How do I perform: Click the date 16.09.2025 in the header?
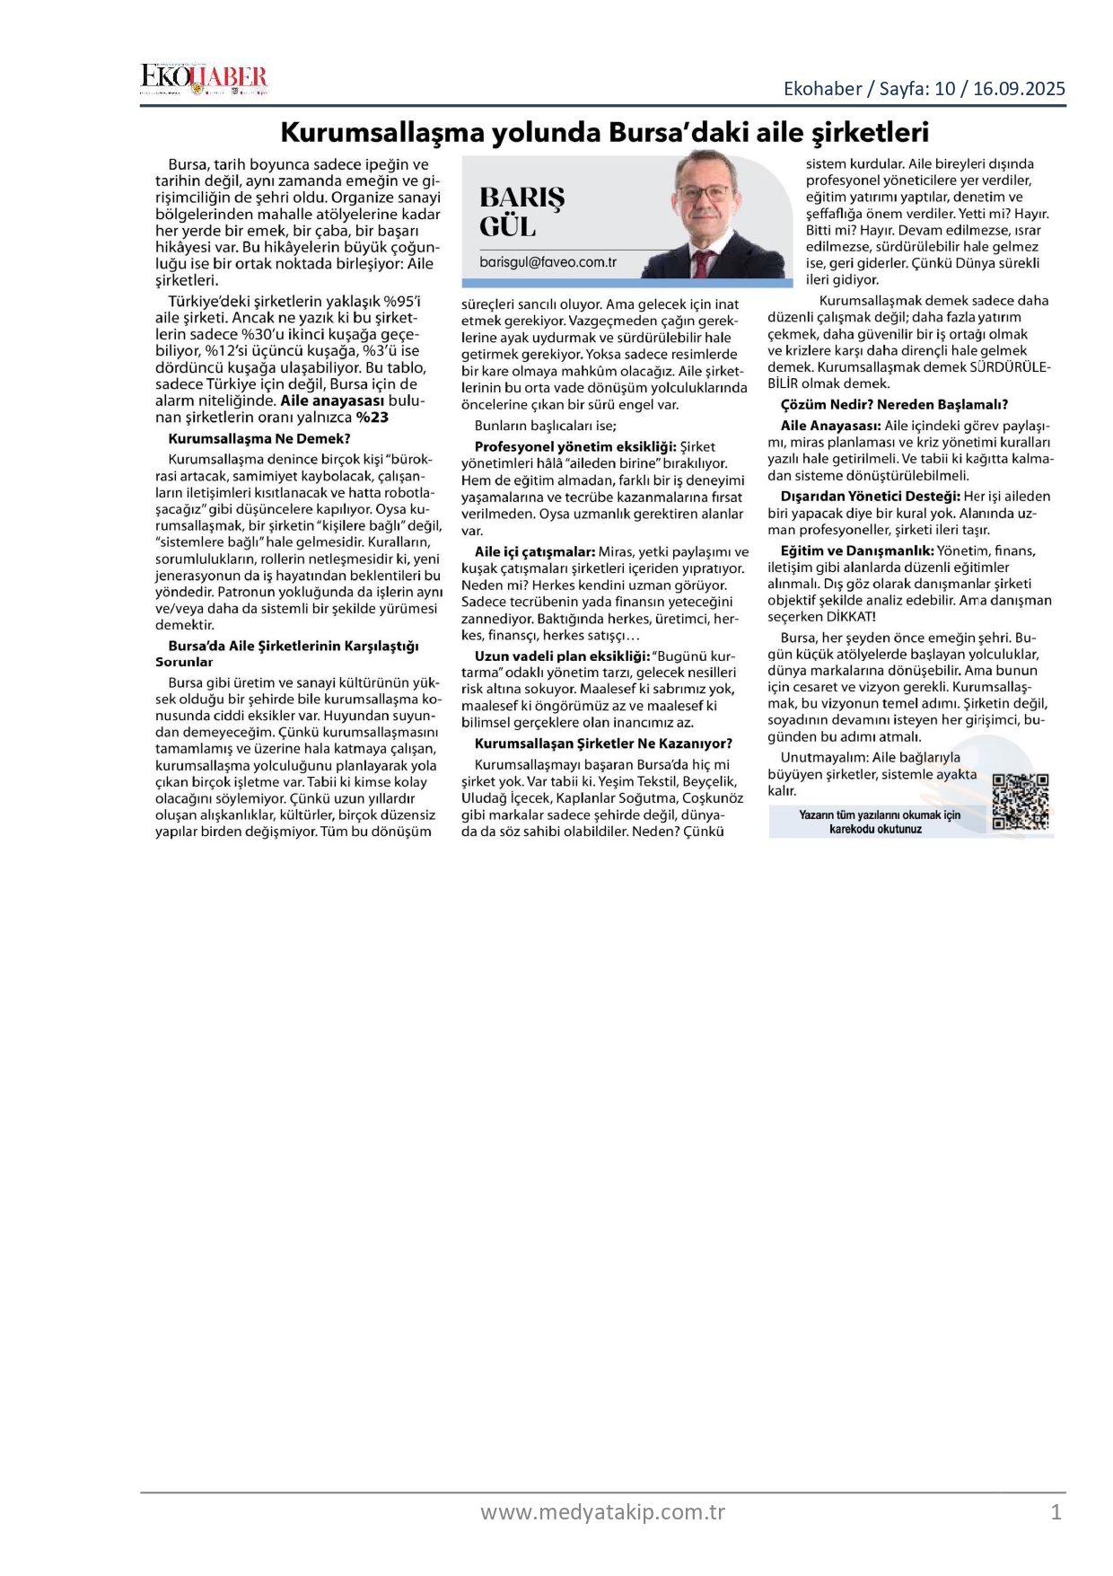click(x=1019, y=89)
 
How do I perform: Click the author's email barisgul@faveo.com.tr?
click(x=548, y=262)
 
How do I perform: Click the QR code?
click(x=1021, y=801)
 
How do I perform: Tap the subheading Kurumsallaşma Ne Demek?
click(x=259, y=439)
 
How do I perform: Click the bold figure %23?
click(x=372, y=418)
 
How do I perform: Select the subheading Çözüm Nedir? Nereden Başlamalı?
click(x=894, y=405)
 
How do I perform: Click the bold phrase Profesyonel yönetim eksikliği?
click(x=574, y=447)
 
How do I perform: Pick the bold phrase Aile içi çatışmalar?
click(x=535, y=552)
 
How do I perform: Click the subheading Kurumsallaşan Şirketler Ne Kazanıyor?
click(x=603, y=744)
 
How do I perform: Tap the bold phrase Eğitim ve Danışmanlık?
click(x=857, y=551)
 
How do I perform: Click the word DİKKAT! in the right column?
click(x=851, y=617)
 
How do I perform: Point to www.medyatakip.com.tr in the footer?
click(x=602, y=1512)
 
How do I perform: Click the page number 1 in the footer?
click(x=1056, y=1512)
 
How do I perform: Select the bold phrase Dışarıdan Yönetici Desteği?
click(x=870, y=497)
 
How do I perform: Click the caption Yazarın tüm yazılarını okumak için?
click(x=880, y=815)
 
